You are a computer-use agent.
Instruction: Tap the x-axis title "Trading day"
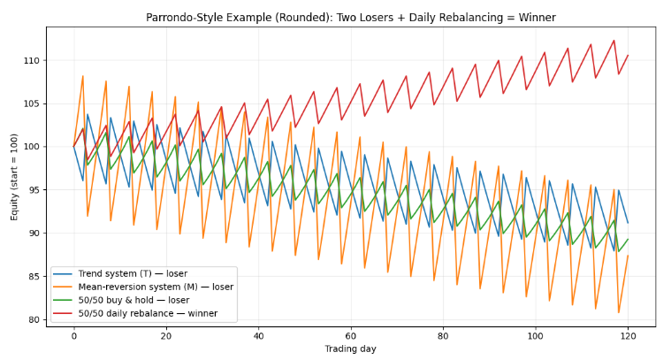point(351,349)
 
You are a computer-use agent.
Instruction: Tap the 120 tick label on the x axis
point(628,336)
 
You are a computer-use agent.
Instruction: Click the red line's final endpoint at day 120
point(628,55)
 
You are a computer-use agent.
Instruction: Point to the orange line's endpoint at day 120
point(628,256)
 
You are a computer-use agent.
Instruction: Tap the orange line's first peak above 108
point(83,76)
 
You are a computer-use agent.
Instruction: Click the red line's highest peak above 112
point(614,40)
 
